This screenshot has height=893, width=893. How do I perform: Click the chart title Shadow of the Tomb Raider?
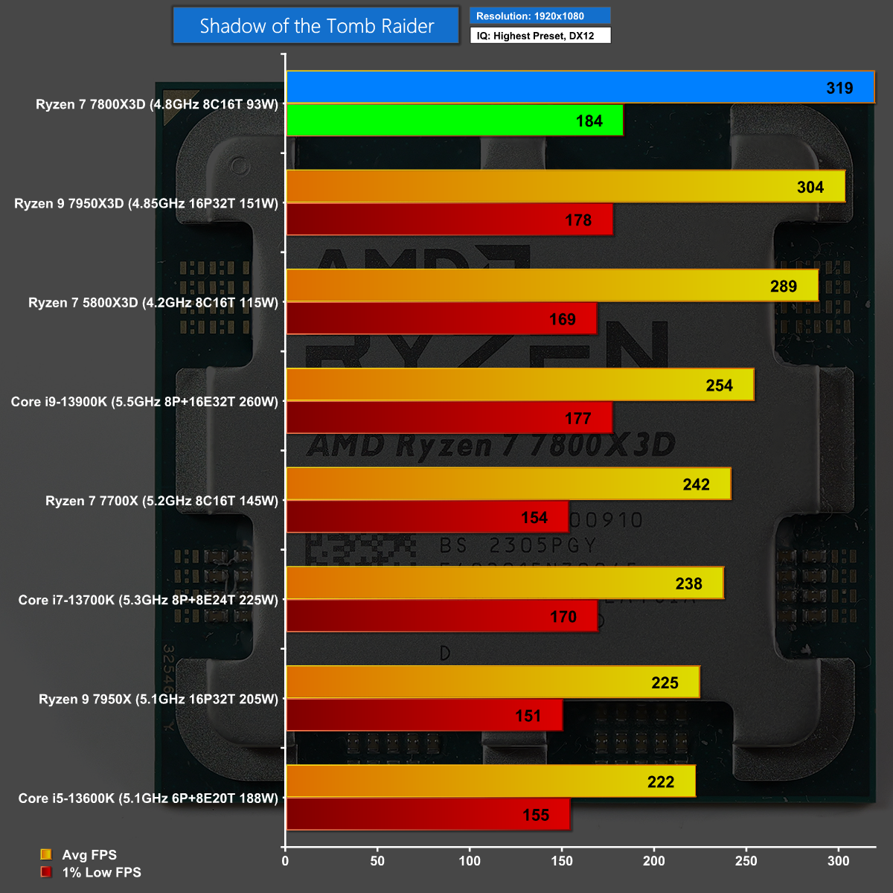pyautogui.click(x=316, y=26)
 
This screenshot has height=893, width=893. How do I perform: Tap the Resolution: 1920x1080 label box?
pyautogui.click(x=540, y=16)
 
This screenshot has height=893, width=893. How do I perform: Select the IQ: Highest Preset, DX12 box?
pyautogui.click(x=540, y=36)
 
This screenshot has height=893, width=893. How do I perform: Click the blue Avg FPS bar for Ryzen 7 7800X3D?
pyautogui.click(x=580, y=87)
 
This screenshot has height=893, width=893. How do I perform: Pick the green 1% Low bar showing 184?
pyautogui.click(x=455, y=121)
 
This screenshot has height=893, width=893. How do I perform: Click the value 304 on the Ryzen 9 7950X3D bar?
pyautogui.click(x=810, y=187)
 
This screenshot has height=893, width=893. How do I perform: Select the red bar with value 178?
pyautogui.click(x=449, y=220)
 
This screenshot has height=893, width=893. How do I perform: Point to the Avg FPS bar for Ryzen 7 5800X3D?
pyautogui.click(x=552, y=286)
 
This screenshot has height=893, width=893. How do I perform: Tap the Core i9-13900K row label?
pyautogui.click(x=144, y=402)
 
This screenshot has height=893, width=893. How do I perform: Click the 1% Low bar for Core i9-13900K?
pyautogui.click(x=449, y=418)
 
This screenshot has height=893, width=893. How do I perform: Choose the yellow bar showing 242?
pyautogui.click(x=508, y=484)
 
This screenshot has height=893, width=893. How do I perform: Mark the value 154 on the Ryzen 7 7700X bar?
pyautogui.click(x=534, y=518)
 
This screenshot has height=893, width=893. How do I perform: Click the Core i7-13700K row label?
pyautogui.click(x=148, y=600)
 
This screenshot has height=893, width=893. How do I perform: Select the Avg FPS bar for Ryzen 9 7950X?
pyautogui.click(x=493, y=682)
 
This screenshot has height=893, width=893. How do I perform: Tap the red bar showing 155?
pyautogui.click(x=428, y=815)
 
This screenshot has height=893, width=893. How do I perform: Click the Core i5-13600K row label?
pyautogui.click(x=148, y=798)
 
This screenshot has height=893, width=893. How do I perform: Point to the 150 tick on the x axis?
pyautogui.click(x=562, y=861)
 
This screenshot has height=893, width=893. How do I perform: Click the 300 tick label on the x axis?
pyautogui.click(x=838, y=861)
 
